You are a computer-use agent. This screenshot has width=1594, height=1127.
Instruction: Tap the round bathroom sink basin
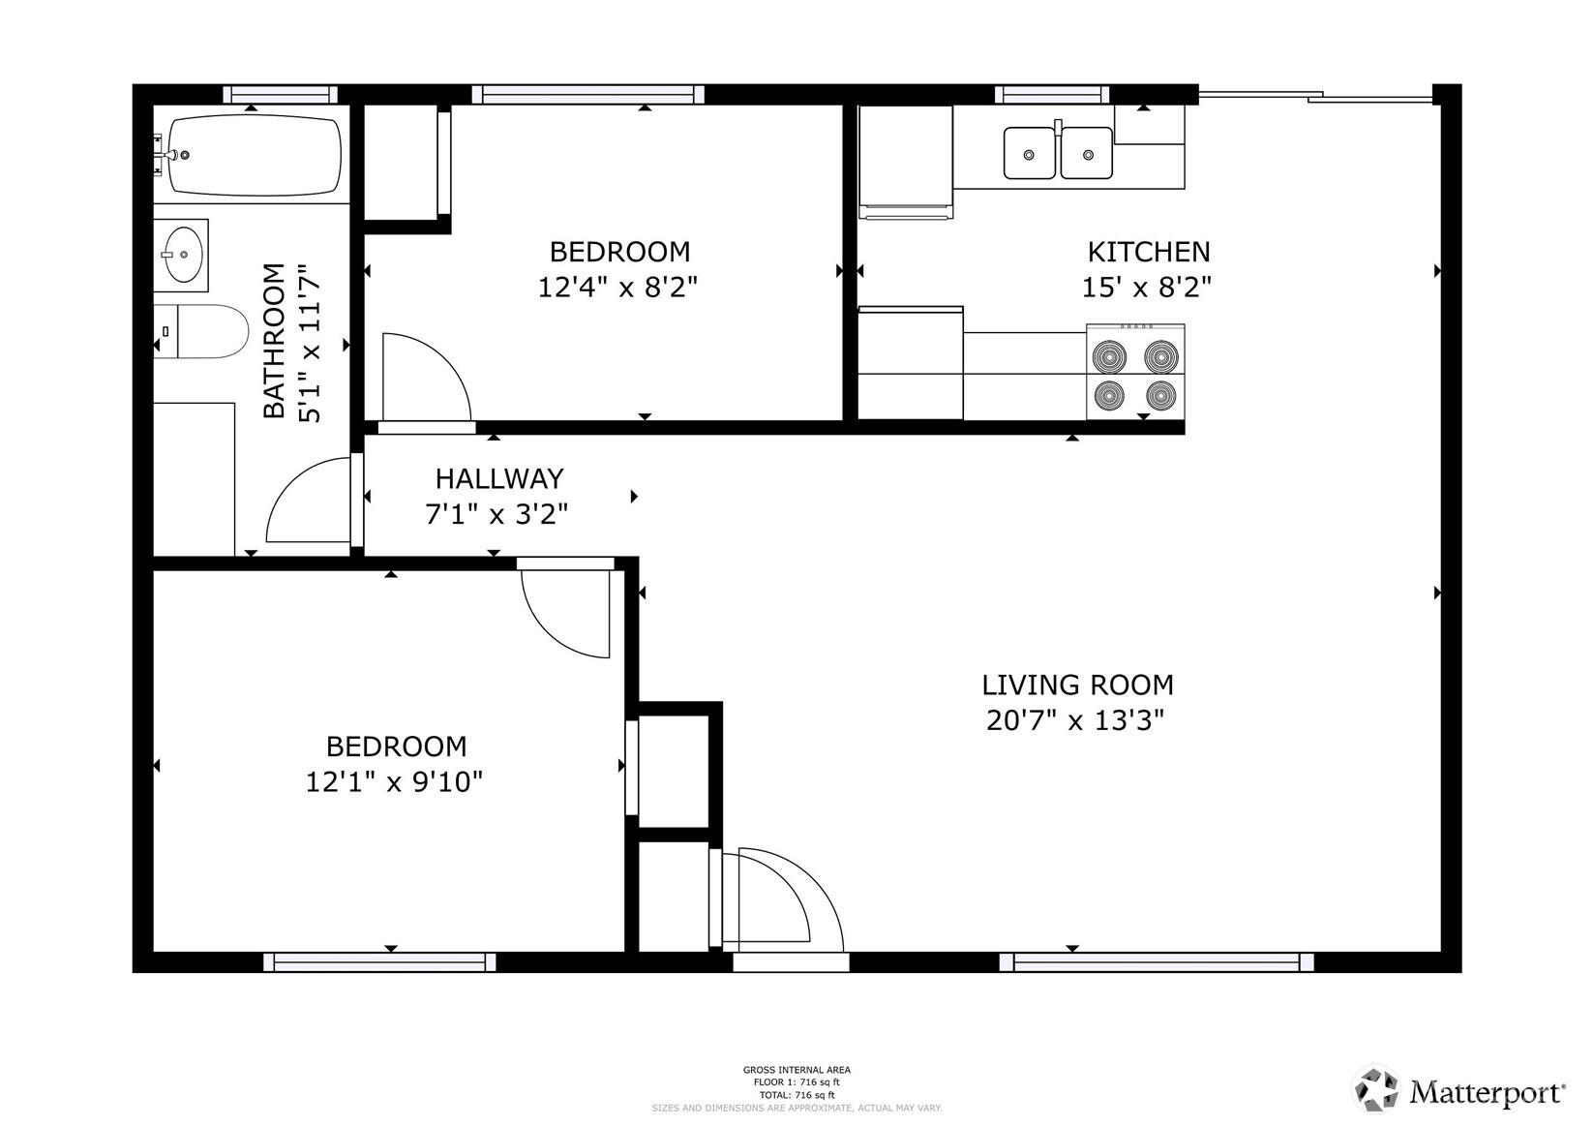point(182,254)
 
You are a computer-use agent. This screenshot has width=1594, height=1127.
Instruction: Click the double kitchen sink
point(1057,153)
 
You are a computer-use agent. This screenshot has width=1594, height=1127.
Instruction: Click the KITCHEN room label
point(1148,252)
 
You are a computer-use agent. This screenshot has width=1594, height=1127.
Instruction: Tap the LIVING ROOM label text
point(1077,685)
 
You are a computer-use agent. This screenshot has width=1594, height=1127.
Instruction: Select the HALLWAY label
point(498,478)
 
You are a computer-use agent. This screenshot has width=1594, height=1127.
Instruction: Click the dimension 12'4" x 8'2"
point(617,288)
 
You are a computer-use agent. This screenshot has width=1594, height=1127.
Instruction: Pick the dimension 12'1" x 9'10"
point(394,781)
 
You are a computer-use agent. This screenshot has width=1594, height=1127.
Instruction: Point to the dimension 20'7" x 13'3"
point(1074,721)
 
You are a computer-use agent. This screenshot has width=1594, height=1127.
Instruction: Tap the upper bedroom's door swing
point(426,378)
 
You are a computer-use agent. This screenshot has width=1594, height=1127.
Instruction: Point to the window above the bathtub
point(280,95)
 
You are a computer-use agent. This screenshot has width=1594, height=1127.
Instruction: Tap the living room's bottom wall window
point(1156,961)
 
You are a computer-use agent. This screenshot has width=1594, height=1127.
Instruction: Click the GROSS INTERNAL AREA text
point(797,1070)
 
